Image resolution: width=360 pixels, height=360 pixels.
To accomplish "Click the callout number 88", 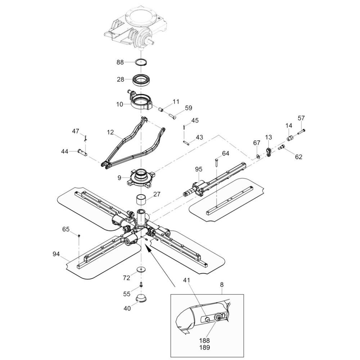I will (120, 62).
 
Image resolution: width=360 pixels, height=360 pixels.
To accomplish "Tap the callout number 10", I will (120, 104).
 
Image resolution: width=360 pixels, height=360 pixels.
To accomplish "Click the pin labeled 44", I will (82, 152).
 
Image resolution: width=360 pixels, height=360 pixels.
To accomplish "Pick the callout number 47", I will (75, 131).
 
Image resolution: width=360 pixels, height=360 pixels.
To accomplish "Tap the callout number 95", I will (199, 169).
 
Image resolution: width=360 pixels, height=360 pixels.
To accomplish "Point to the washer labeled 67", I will (258, 156).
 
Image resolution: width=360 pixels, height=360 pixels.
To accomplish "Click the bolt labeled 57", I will (301, 131).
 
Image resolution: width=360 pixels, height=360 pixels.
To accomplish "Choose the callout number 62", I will (299, 157).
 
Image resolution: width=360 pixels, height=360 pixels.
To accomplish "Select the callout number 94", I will (56, 254).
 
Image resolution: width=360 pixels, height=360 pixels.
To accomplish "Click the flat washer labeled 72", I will (141, 269).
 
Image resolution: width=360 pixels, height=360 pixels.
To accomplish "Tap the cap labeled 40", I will (141, 298).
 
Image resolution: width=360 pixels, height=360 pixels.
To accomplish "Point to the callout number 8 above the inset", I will (221, 284).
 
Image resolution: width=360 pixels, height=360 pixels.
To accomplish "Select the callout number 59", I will (189, 108).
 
